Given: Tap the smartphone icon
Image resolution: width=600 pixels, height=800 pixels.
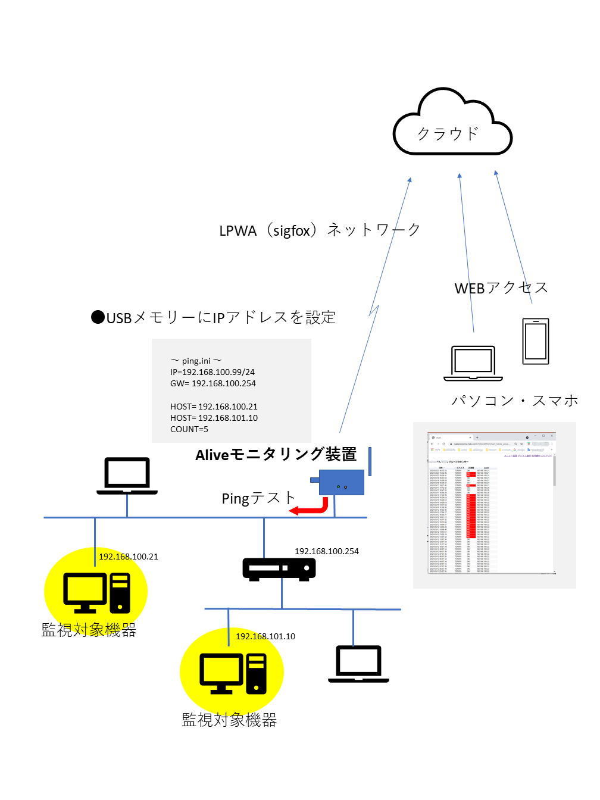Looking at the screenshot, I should [x=536, y=341].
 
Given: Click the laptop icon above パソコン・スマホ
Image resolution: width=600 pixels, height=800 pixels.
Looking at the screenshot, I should [x=473, y=362].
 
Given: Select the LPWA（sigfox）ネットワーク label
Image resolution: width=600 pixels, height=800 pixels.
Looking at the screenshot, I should [x=320, y=230].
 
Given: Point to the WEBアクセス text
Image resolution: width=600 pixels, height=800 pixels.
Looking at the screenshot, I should [x=501, y=288].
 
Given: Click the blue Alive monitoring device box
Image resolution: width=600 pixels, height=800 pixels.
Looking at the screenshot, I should [x=342, y=482].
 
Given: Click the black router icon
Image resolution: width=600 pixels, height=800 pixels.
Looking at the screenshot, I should [x=279, y=568].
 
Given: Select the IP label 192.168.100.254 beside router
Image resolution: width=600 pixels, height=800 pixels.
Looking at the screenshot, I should [x=327, y=551].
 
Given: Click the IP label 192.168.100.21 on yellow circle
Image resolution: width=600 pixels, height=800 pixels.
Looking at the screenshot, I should [x=129, y=557].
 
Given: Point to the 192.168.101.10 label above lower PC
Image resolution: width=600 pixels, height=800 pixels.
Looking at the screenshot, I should [x=265, y=636].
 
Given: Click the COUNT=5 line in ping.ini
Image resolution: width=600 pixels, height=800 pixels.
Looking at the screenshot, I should [x=189, y=429].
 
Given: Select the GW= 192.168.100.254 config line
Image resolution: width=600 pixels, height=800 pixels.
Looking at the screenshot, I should [x=213, y=383].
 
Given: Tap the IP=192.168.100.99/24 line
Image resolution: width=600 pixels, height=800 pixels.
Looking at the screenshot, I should [x=212, y=372].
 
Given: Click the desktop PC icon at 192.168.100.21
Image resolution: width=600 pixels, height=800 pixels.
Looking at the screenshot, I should [x=96, y=593].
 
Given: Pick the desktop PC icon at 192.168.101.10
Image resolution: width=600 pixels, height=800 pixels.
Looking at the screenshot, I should [x=233, y=673].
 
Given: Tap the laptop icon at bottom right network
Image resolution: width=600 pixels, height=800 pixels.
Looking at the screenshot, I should [x=358, y=664].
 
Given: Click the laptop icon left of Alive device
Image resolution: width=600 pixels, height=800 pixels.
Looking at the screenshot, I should [x=127, y=476].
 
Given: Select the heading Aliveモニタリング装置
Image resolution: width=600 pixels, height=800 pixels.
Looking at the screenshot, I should [x=276, y=455].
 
